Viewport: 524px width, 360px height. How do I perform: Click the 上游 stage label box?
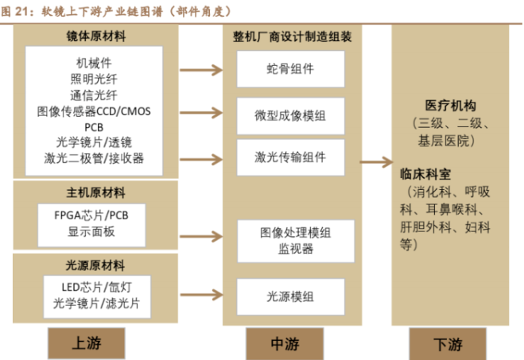pyautogui.click(x=87, y=343)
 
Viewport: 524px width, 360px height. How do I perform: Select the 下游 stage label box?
pyautogui.click(x=449, y=344)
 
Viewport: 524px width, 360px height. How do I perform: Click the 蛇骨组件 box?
pyautogui.click(x=290, y=69)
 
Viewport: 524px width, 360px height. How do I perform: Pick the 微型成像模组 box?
pyautogui.click(x=290, y=117)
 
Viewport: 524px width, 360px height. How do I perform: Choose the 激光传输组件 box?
pyautogui.click(x=290, y=157)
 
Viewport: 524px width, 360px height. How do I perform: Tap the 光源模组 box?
pyautogui.click(x=290, y=296)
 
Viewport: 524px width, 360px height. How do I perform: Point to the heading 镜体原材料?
pyautogui.click(x=95, y=37)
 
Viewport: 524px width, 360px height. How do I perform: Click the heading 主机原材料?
pyautogui.click(x=95, y=192)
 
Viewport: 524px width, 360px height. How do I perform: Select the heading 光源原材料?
pyautogui.click(x=95, y=265)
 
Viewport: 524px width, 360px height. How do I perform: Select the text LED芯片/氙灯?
pyautogui.click(x=95, y=287)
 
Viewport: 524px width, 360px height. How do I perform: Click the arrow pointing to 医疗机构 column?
pyautogui.click(x=376, y=162)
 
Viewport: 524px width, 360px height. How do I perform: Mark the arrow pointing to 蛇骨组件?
pyautogui.click(x=200, y=70)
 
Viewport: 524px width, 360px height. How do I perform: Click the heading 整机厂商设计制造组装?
pyautogui.click(x=290, y=37)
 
